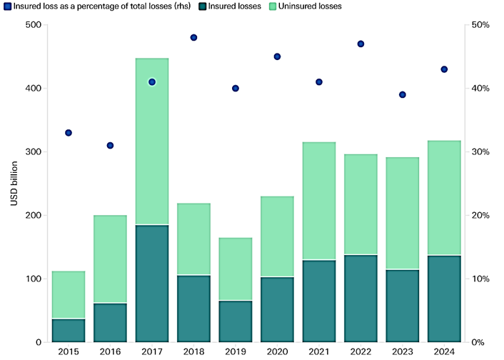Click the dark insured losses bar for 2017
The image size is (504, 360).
pyautogui.click(x=151, y=284)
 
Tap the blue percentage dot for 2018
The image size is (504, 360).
pyautogui.click(x=193, y=37)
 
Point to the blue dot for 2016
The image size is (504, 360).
pyautogui.click(x=110, y=145)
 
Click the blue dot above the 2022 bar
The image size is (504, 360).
pyautogui.click(x=361, y=44)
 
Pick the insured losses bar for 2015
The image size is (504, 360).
pyautogui.click(x=69, y=330)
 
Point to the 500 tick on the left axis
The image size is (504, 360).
pyautogui.click(x=32, y=25)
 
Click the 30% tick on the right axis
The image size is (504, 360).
pyautogui.click(x=479, y=152)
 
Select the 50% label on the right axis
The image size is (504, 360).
pyautogui.click(x=479, y=25)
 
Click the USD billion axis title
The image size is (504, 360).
pyautogui.click(x=14, y=184)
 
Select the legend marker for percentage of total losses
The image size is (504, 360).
pyautogui.click(x=6, y=6)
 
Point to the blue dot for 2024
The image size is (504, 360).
pyautogui.click(x=444, y=69)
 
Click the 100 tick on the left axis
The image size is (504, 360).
pyautogui.click(x=32, y=279)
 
